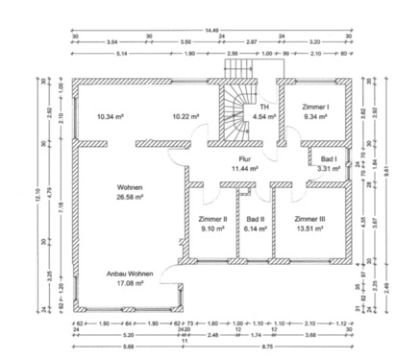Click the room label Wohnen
pos(130,186)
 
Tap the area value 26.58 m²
pos(130,196)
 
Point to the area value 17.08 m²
pos(130,284)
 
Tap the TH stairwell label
pos(263,107)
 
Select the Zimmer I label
pos(315,107)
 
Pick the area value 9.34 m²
pos(315,116)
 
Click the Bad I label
pos(329,159)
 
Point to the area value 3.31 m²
pos(329,169)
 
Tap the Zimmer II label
pos(211,219)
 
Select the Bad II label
pos(255,219)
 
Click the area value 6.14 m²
pos(255,228)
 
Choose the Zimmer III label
pos(309,219)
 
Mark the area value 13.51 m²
pos(309,228)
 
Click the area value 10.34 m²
pos(111,116)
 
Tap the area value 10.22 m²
pos(185,116)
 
